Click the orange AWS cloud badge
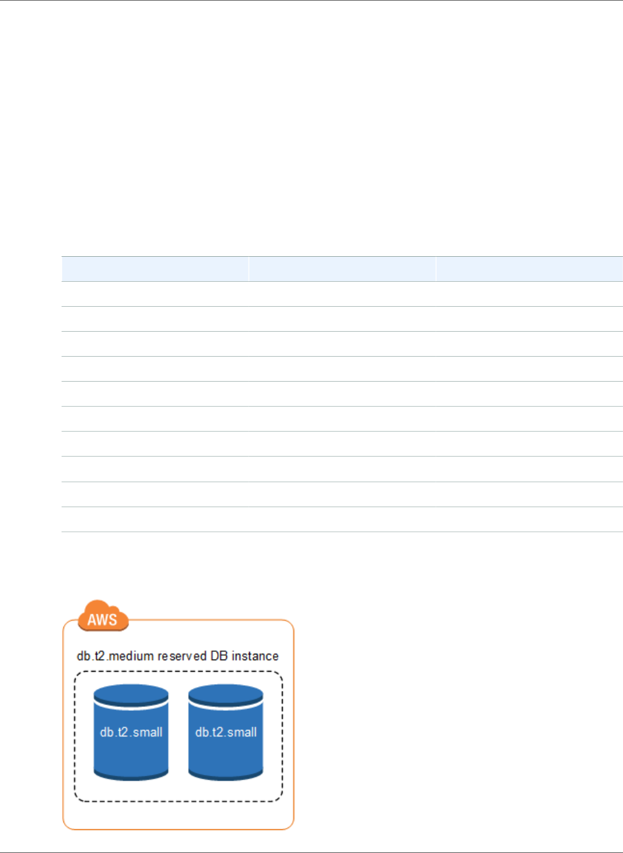click(103, 616)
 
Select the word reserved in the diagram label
click(182, 656)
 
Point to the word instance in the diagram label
click(255, 656)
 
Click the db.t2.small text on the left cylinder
click(131, 732)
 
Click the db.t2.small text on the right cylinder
click(226, 732)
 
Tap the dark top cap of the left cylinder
click(131, 694)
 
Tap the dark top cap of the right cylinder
click(226, 694)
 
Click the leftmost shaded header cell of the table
click(155, 269)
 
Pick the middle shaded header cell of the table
click(342, 269)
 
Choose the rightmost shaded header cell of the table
click(529, 269)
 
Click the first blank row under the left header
click(155, 294)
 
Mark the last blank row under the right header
click(529, 519)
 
